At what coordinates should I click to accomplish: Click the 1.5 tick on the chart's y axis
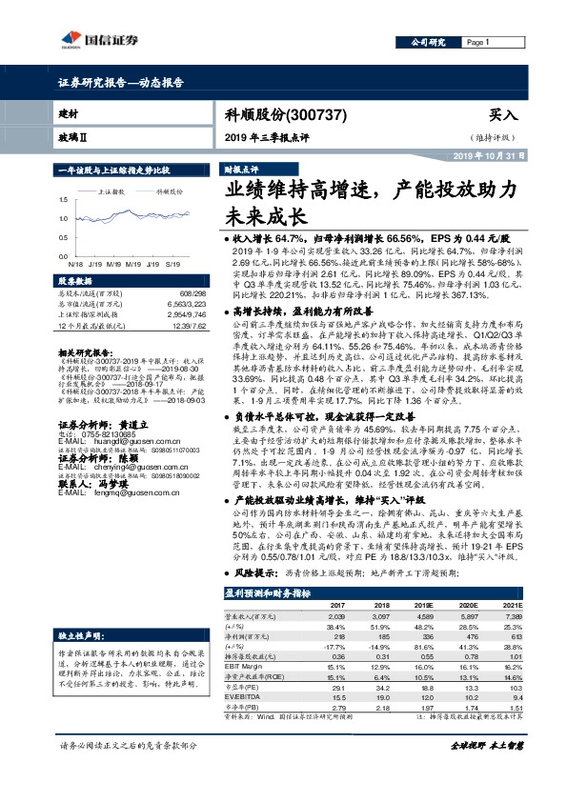click(63, 199)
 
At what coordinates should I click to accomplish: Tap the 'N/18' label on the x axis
click(75, 259)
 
